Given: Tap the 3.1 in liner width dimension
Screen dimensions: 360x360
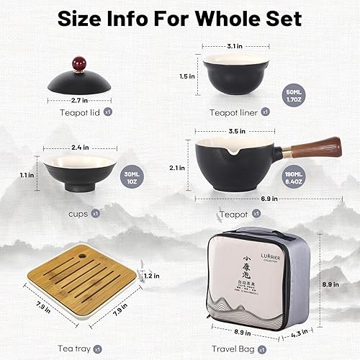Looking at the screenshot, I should click(x=233, y=46).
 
